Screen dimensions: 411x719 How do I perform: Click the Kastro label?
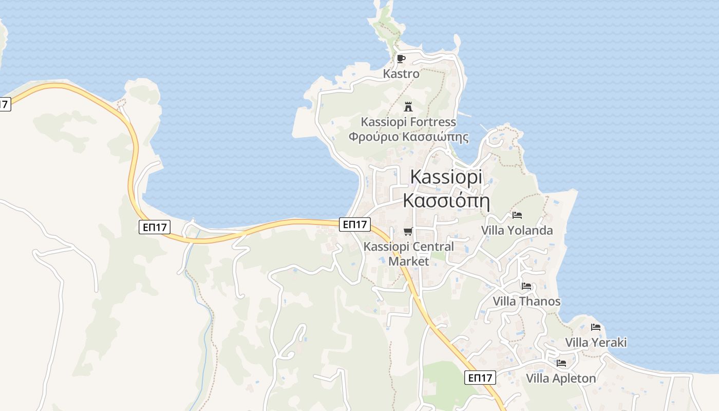point(401,74)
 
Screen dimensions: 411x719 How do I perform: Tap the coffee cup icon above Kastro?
point(401,59)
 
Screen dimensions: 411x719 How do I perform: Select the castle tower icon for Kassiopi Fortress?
point(408,107)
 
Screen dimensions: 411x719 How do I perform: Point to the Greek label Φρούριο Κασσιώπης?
point(408,137)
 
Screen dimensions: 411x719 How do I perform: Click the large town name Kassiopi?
point(446,177)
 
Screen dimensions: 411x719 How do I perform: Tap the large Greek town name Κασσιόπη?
point(446,201)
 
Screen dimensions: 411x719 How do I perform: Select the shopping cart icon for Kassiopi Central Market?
point(408,231)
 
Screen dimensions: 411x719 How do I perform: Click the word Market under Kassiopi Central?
point(408,261)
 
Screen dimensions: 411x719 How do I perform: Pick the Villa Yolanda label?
point(517,230)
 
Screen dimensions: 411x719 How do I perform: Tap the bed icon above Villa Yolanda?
point(517,215)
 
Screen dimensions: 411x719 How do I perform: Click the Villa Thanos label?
point(526,301)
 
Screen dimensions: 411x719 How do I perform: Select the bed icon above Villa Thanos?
point(526,286)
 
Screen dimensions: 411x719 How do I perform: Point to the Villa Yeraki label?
point(596,342)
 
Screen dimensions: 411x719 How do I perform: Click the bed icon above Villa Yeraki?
point(596,327)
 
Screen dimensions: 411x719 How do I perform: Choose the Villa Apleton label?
point(561,379)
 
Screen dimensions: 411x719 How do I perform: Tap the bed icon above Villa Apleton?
point(561,363)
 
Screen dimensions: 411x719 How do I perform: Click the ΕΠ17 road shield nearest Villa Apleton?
point(481,378)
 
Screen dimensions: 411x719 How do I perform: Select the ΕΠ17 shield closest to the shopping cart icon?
point(354,224)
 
